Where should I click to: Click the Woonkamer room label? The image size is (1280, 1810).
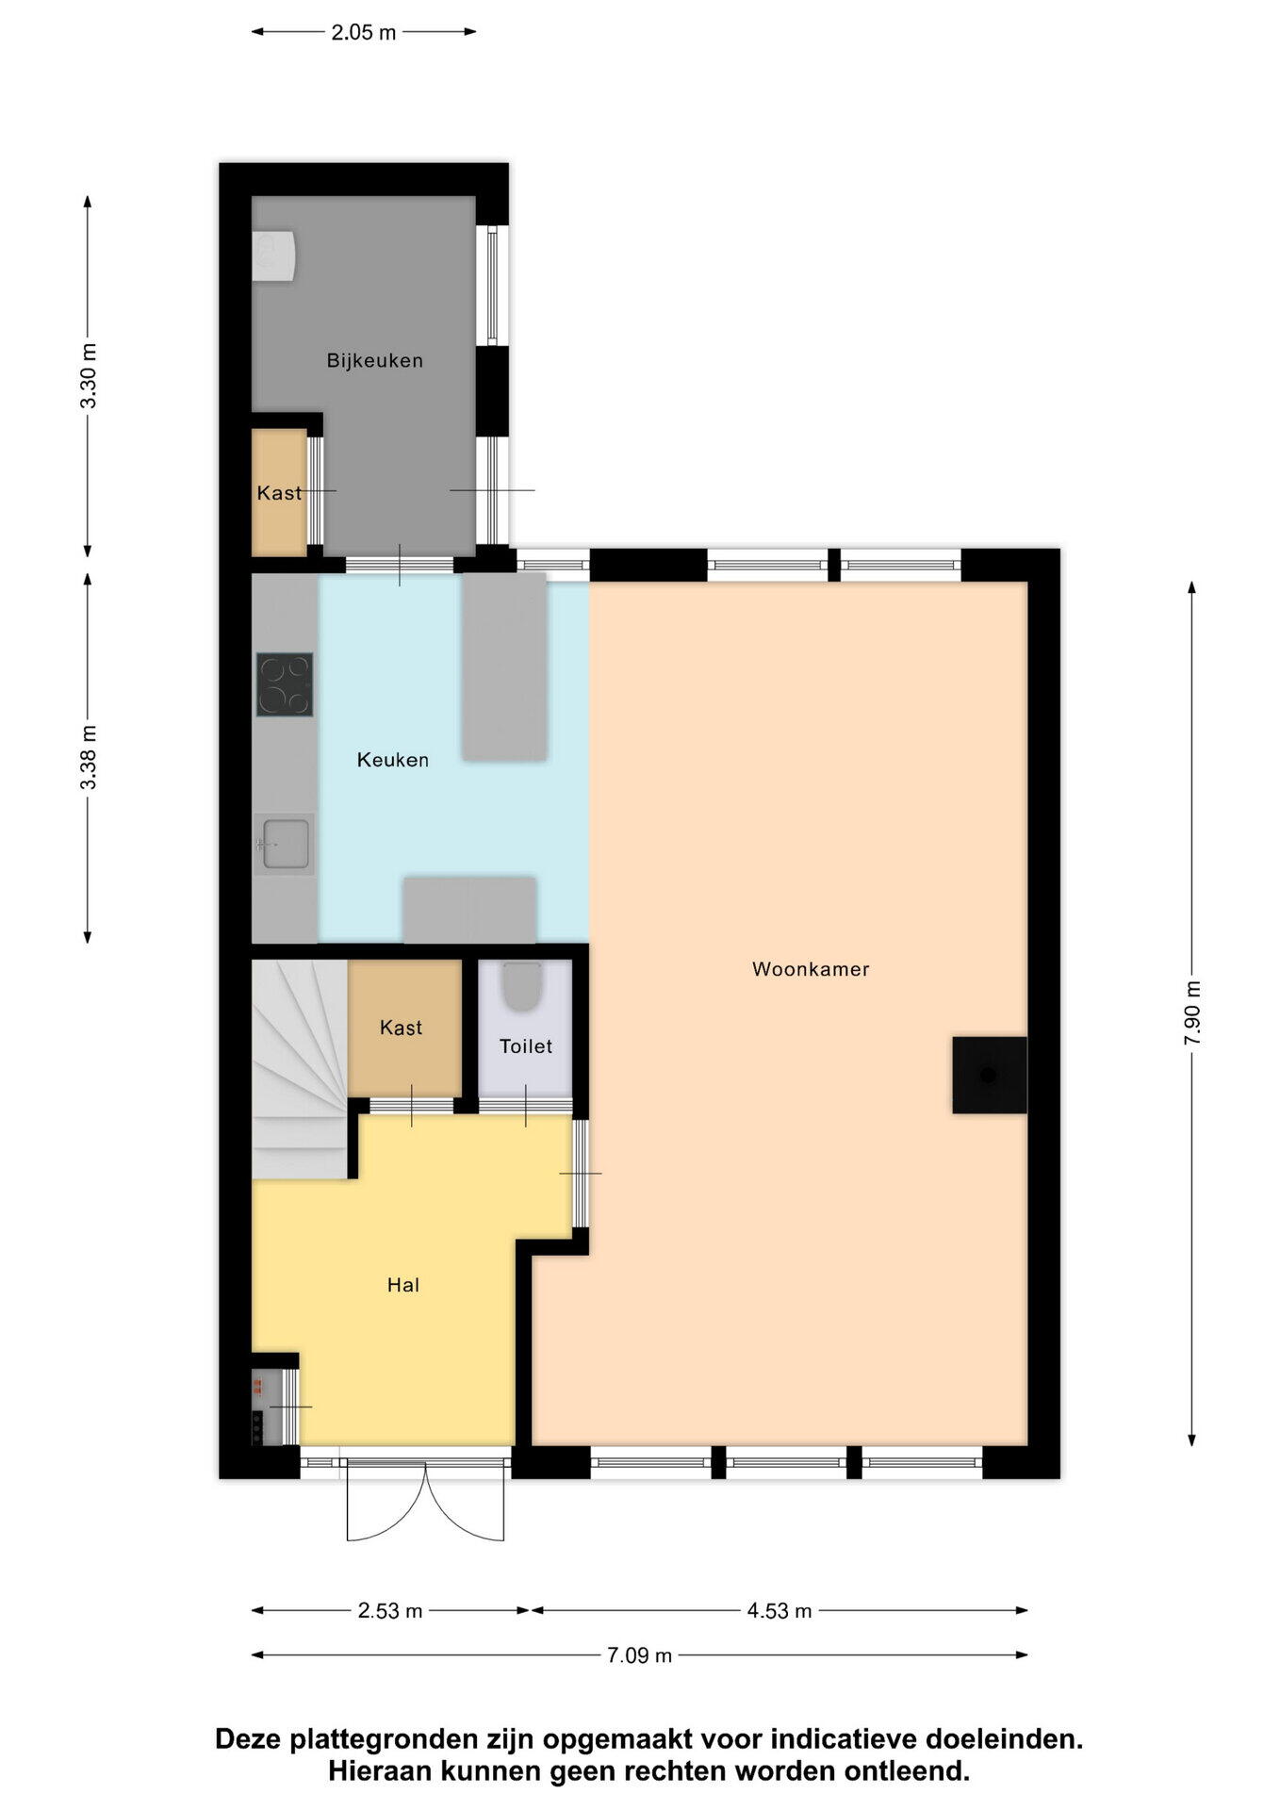pos(810,969)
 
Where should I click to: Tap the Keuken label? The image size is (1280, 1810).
pos(392,760)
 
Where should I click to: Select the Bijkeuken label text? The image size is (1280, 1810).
pos(374,360)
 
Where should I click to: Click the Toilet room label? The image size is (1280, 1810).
pos(525,1046)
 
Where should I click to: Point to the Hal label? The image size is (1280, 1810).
pos(402,1285)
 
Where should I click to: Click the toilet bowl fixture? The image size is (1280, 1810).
pos(520,986)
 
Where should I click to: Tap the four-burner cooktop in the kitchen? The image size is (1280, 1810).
pos(285,685)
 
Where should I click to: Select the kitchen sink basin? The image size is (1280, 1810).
pos(286,843)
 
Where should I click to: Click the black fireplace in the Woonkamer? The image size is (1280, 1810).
pos(989,1075)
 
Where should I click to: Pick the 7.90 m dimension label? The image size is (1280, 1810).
pos(1192,1012)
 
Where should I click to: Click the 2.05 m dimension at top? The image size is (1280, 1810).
pos(363,33)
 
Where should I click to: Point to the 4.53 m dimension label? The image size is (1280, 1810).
pos(779,1611)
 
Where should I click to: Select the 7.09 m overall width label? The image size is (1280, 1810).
pos(639,1655)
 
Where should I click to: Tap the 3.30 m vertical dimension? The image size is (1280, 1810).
pos(88,376)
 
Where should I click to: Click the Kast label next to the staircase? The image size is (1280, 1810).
pos(401,1028)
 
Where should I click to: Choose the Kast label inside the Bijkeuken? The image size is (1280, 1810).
pos(279,493)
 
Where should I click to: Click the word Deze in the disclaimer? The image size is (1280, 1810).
pos(249,1739)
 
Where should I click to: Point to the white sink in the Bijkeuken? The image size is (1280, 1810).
pos(272,256)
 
